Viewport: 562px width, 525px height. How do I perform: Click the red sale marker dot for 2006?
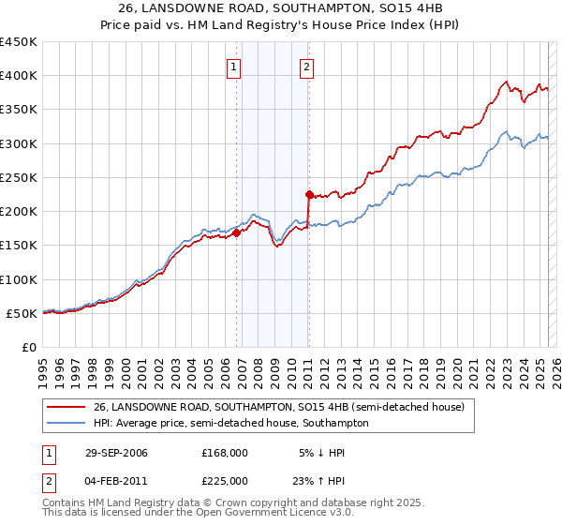click(x=236, y=233)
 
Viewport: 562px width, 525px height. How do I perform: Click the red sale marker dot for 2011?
click(x=308, y=195)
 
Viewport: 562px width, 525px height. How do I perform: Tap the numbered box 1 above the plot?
click(x=232, y=66)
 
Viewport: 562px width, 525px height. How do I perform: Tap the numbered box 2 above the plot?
click(x=307, y=66)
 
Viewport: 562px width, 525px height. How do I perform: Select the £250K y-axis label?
click(x=19, y=177)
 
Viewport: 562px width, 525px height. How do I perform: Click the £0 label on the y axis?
click(x=28, y=347)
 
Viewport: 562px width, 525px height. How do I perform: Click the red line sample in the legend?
click(x=66, y=407)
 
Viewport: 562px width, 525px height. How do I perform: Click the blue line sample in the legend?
click(x=66, y=423)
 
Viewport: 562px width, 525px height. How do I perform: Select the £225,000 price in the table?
click(x=225, y=481)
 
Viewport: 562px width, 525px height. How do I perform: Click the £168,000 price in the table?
click(x=225, y=453)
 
